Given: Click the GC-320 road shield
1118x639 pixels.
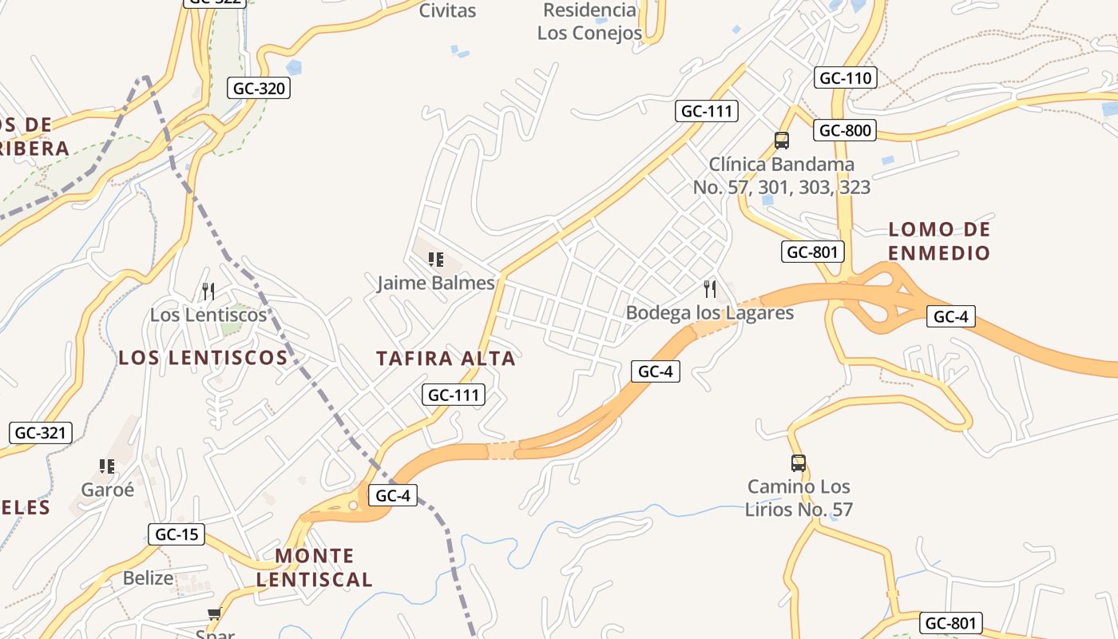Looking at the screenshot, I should click(259, 88).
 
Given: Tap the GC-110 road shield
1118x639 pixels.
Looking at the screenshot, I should click(846, 77).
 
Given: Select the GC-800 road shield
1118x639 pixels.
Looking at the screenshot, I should click(846, 130).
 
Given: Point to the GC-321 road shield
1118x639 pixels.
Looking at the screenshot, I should click(40, 433).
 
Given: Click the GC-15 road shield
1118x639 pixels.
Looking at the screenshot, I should click(176, 534).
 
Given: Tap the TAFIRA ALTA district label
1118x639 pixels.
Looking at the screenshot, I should click(446, 359).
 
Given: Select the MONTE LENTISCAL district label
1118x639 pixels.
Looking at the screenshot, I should click(314, 567).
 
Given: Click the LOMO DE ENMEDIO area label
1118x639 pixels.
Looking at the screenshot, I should click(939, 241).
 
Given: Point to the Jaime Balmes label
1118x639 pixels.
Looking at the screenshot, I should click(436, 283).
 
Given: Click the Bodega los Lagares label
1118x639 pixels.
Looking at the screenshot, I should click(709, 312).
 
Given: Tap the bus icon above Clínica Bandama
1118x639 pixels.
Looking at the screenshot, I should click(782, 141).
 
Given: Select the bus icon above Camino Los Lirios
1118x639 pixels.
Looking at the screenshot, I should click(798, 462).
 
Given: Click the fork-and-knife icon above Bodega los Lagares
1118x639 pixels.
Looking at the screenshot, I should click(709, 288).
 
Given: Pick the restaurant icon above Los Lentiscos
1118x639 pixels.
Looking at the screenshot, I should click(208, 291).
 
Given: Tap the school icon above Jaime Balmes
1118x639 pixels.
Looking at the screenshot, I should click(435, 259).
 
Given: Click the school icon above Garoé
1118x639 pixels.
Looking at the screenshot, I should click(107, 466).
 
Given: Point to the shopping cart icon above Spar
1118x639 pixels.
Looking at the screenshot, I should click(214, 613).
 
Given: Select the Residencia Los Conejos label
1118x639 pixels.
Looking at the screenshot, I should click(589, 22).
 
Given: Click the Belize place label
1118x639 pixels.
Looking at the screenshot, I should click(148, 577).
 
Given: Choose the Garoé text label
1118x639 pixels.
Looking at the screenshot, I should click(107, 489).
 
